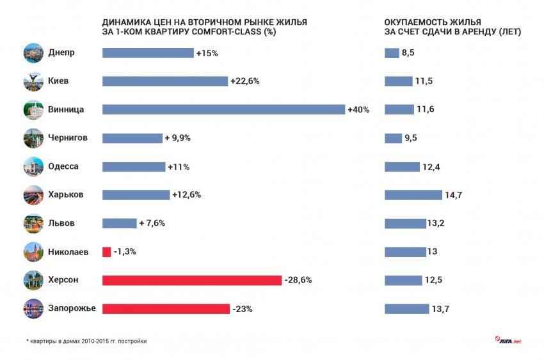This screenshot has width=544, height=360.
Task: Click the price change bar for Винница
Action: pyautogui.click(x=223, y=109)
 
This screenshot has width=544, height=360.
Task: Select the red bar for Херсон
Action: pyautogui.click(x=192, y=280)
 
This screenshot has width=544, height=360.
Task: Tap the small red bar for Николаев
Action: pyautogui.click(x=106, y=252)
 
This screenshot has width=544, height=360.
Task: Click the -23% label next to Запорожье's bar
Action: pyautogui.click(x=242, y=309)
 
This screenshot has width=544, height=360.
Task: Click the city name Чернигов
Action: pyautogui.click(x=68, y=137)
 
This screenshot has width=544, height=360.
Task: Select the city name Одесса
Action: pyautogui.click(x=63, y=166)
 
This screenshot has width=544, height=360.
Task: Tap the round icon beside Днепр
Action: pyautogui.click(x=33, y=53)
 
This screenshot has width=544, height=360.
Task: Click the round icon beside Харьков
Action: pyautogui.click(x=33, y=195)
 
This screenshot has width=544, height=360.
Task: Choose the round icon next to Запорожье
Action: pyautogui.click(x=33, y=309)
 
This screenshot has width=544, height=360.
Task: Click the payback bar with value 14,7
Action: pyautogui.click(x=413, y=195)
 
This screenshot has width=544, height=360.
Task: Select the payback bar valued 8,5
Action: pyautogui.click(x=392, y=53)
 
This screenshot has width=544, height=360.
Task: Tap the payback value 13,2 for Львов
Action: pyautogui.click(x=436, y=223)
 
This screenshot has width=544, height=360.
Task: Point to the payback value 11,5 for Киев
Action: pyautogui.click(x=424, y=81)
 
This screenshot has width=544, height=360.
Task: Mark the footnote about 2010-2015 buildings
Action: pyautogui.click(x=86, y=341)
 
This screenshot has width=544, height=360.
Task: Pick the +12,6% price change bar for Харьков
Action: pyautogui.click(x=136, y=195)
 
